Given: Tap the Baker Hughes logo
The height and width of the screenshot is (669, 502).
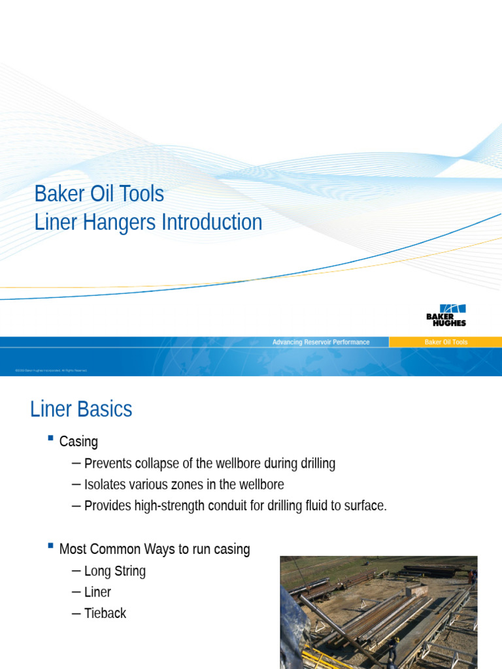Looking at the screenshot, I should coord(446,315).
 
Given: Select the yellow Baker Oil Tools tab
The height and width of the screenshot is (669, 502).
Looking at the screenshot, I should coord(446,342).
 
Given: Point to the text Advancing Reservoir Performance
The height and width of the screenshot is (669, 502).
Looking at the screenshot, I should coord(320,342).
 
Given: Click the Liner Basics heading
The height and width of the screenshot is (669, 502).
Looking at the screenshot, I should coord(81,410).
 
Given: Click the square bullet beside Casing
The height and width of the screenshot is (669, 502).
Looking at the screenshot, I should coord(50,438).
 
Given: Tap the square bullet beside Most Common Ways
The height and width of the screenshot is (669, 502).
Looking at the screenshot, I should coord(50,546).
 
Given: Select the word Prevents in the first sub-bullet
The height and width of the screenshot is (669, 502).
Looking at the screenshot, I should coord(108,464).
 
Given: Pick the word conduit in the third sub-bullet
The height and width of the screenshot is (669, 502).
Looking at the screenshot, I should coord(222,506).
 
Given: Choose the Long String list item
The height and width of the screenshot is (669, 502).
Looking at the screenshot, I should coord(115,571).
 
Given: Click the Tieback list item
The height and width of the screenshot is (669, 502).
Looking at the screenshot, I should coord(105,613).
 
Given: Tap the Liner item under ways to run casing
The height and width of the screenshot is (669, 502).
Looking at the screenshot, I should coord(98,593).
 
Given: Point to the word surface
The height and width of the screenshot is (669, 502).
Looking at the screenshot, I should coord(364,506).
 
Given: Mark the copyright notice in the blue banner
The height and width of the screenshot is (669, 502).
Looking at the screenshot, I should coord(51,370).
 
